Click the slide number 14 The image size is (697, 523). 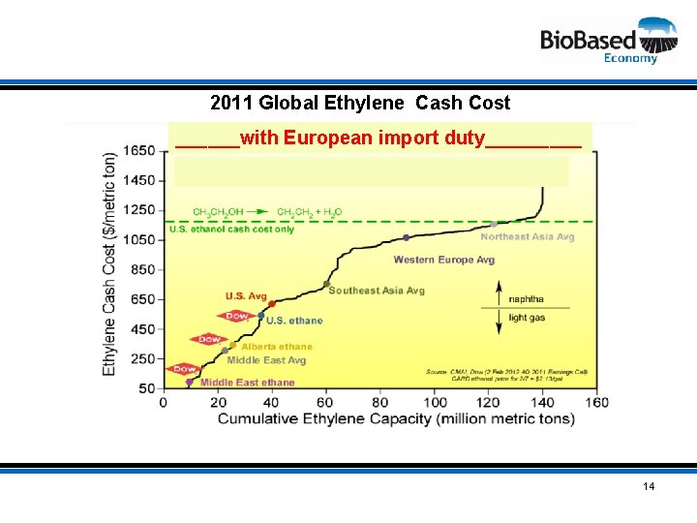(x=649, y=485)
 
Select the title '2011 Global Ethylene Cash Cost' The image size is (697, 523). (x=360, y=103)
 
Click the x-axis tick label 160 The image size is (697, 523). (x=597, y=402)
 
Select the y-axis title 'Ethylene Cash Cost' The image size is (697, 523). (x=110, y=262)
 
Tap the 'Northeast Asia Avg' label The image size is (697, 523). (x=528, y=237)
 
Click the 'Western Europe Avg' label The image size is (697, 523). (x=444, y=260)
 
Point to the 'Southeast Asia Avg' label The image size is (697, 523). (x=377, y=291)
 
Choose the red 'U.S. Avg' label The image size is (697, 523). (x=246, y=296)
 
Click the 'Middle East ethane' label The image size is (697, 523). (x=247, y=383)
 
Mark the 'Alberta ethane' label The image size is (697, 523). (x=277, y=346)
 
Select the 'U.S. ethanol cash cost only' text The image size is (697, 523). (x=232, y=230)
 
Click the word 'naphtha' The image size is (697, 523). (x=526, y=299)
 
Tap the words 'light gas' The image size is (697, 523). (x=527, y=318)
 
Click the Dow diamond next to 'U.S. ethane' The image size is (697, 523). (x=236, y=316)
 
